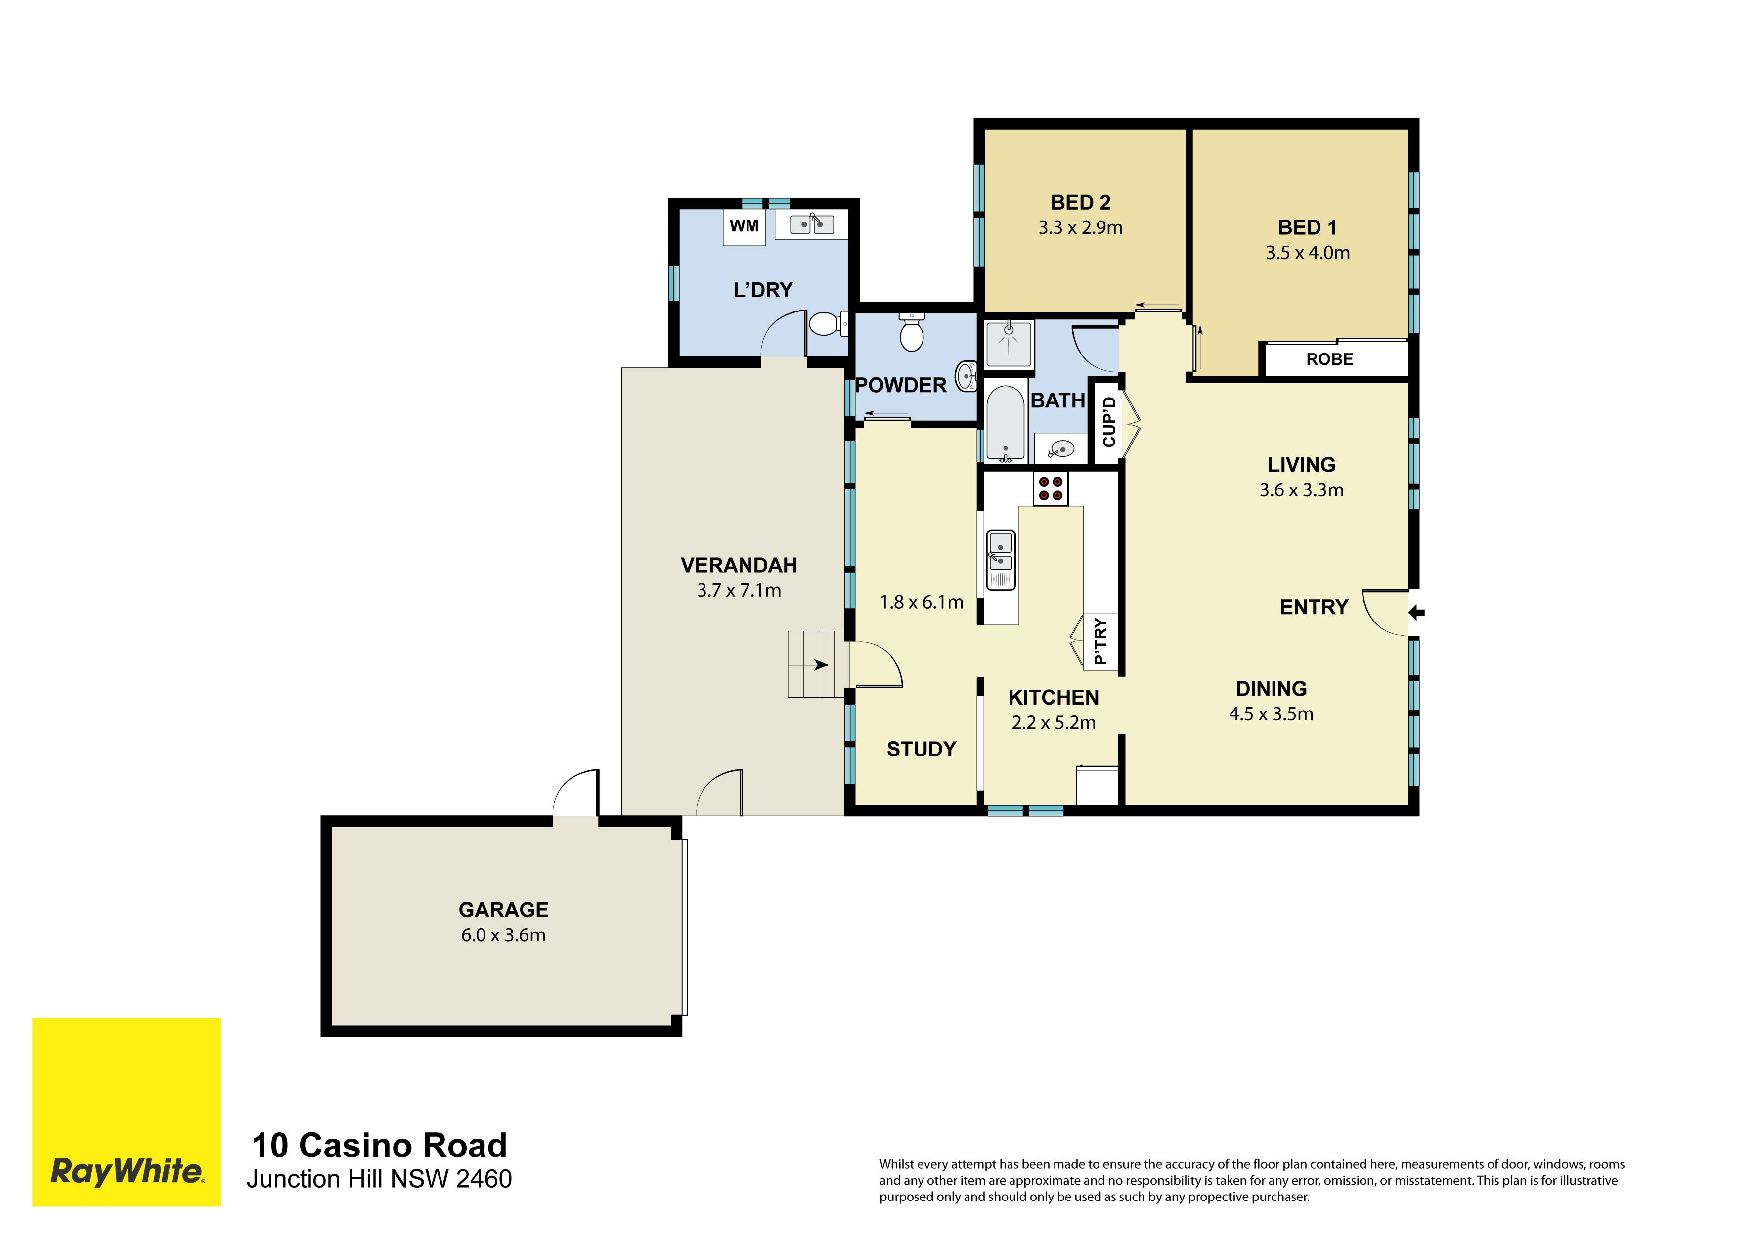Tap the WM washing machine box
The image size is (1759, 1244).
point(745,227)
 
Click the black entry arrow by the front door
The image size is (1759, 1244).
point(1416,612)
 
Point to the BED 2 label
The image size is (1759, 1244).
point(1080,202)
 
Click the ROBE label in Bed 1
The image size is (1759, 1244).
point(1330,359)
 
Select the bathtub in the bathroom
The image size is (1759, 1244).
point(1005,422)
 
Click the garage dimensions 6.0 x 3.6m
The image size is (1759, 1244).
point(503,935)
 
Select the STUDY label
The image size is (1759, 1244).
point(922,749)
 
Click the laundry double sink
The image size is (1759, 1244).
point(811,223)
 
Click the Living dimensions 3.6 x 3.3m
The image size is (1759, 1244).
point(1302,490)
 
